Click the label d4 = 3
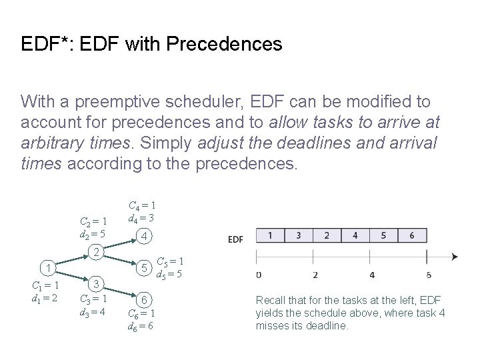pos(142,217)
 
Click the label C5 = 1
pos(170,261)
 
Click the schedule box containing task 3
pos(298,236)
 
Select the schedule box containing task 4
pos(355,236)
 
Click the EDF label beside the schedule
pos(236,239)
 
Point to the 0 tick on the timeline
pos(259,275)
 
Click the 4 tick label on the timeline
pos(371,275)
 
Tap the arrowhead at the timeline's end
pos(454,257)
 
